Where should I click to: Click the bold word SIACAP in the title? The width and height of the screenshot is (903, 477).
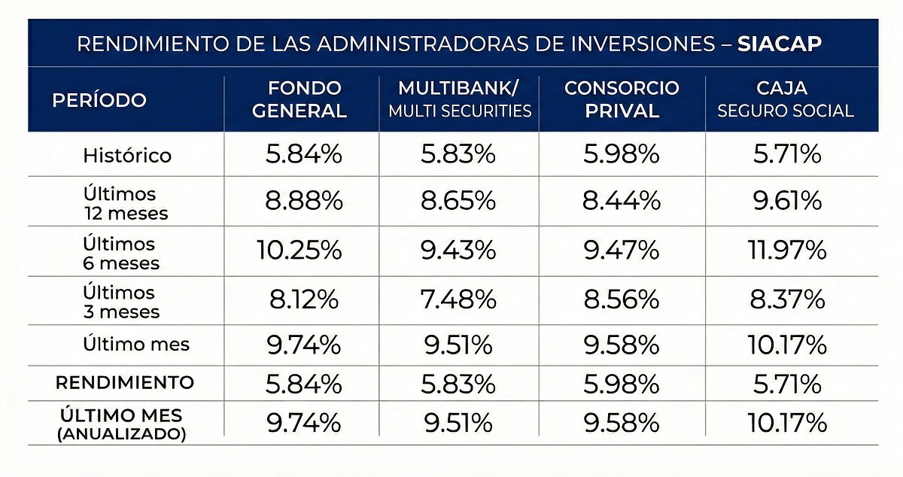pos(780,44)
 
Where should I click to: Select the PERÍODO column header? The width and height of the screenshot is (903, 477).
pos(99,99)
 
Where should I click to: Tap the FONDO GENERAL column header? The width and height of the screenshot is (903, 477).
pos(299,99)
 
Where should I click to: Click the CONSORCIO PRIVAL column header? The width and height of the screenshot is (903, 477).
pos(622,99)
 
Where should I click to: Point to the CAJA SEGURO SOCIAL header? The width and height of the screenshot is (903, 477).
pos(786,99)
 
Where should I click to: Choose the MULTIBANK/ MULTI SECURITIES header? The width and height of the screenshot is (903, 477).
pos(460,99)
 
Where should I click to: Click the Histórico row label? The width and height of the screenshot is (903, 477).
pos(127,155)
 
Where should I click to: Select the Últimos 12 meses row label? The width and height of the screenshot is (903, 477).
pos(126,204)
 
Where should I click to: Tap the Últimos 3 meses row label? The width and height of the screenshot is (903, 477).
pos(121,302)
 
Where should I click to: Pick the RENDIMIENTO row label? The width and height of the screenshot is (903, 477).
pos(125,383)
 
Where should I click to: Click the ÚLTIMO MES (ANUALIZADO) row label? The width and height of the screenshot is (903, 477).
pos(121,424)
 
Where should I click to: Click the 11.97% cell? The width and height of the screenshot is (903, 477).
pos(787,250)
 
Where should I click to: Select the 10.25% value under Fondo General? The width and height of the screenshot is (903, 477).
pos(299,250)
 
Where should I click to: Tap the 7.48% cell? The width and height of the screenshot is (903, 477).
pos(458,300)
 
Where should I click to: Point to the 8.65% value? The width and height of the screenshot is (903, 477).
pos(458,201)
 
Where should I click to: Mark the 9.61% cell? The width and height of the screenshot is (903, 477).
pos(787,201)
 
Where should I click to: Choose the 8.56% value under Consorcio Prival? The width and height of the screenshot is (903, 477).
pos(622,300)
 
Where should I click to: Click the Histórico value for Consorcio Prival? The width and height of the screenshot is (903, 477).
pos(622,154)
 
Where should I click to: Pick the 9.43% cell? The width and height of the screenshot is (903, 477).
pos(458,250)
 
